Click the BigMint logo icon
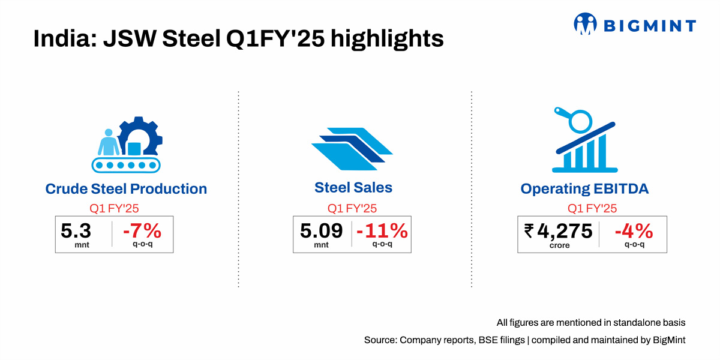pos(586,25)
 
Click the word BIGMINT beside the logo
pos(649,26)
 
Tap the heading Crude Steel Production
pos(126,189)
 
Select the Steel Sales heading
pos(353,188)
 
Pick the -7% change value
pos(142,230)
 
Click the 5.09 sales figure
pos(321,230)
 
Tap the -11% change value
pos(382,230)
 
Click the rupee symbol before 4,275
pos(529,230)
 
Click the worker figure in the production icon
pos(109,142)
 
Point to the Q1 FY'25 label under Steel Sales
pos(352,209)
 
